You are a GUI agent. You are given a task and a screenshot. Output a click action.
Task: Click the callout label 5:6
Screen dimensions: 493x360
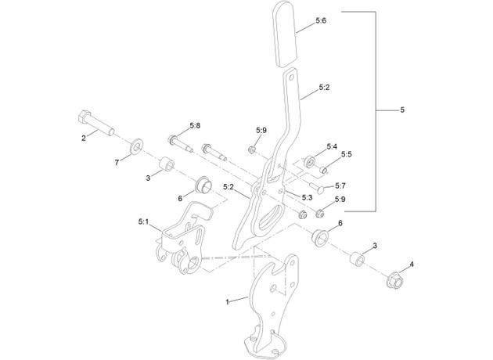coord(321,21)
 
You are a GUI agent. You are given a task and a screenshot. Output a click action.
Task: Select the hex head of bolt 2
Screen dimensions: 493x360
coord(85,117)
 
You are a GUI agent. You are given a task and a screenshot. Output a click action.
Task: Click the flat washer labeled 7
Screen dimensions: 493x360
coord(136,146)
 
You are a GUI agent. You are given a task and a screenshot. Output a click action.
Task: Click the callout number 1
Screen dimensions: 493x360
coord(227,302)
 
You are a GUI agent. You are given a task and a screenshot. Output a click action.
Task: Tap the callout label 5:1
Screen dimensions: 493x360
coord(143,222)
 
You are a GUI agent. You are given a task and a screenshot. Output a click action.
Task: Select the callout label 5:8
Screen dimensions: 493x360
coord(195,126)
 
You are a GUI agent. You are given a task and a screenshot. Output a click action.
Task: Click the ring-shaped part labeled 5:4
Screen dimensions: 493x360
coord(310,162)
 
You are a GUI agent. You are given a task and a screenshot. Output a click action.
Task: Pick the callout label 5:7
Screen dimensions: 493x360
coord(340,186)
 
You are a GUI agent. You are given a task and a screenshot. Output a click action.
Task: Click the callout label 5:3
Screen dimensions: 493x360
coord(308,198)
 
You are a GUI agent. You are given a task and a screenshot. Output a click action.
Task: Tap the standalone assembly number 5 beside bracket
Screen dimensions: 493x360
coord(402,110)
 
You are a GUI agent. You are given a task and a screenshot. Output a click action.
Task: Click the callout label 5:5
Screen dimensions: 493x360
coord(347,154)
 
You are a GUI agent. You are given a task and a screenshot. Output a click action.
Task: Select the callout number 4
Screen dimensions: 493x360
coord(412,264)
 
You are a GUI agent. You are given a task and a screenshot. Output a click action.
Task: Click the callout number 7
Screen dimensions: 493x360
coord(117,163)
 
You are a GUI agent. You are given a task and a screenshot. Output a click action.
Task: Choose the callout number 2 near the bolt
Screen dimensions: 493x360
coord(84,138)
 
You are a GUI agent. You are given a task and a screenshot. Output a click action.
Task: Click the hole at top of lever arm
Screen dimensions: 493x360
coord(292,77)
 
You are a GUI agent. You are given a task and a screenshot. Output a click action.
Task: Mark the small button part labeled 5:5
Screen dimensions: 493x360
coord(323,171)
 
